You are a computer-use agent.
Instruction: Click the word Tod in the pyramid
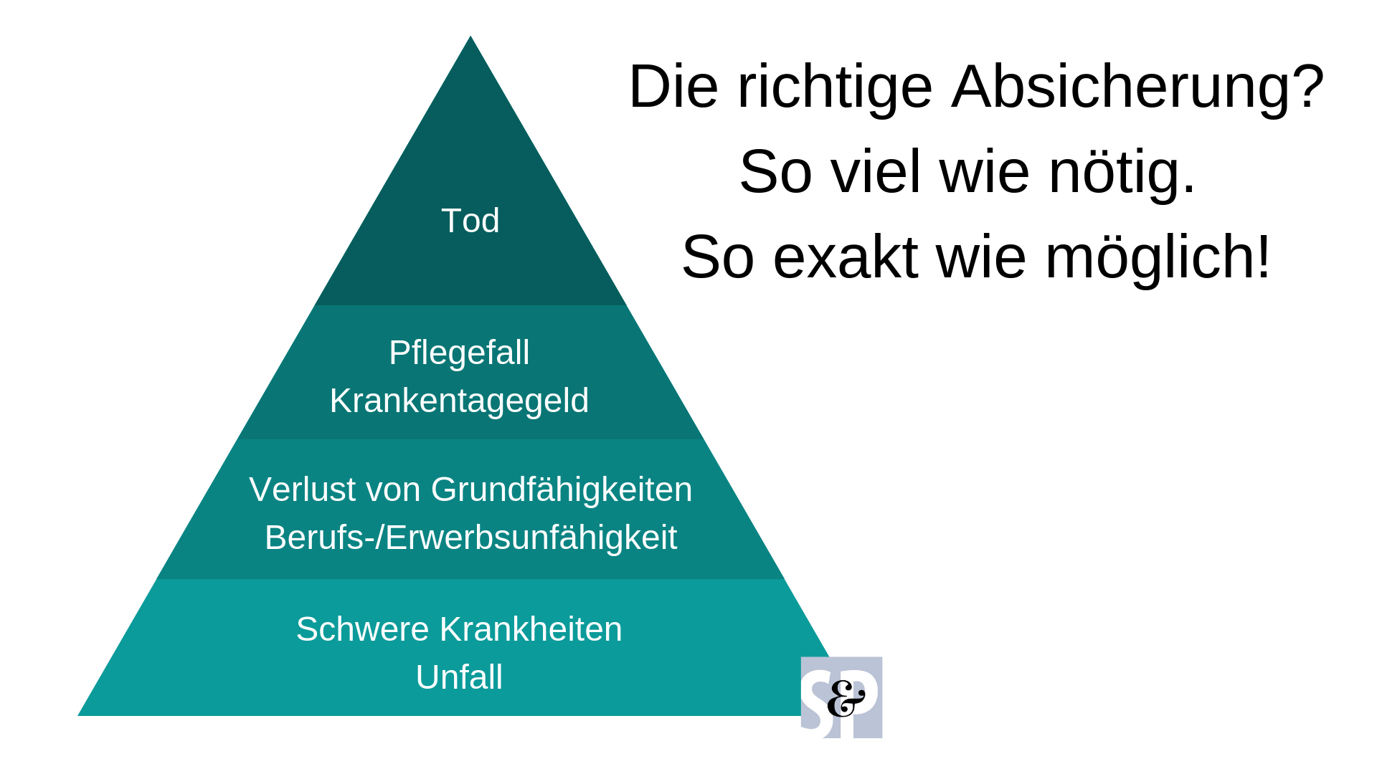(470, 221)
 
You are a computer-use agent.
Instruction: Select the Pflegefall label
(459, 353)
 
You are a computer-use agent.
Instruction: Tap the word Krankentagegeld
(459, 401)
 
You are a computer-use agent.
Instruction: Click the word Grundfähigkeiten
(562, 490)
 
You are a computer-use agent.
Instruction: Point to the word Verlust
(300, 490)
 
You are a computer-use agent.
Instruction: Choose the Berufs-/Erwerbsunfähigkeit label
(470, 537)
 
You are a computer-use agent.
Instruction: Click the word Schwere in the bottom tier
(363, 629)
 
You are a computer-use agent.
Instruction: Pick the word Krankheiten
(531, 629)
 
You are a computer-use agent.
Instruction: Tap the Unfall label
(459, 677)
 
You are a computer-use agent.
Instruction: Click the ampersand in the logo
(846, 698)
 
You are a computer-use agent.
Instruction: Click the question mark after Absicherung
(1308, 86)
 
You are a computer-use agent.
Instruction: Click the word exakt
(846, 257)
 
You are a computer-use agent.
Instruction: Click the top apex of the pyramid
(470, 36)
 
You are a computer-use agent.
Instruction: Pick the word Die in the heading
(673, 86)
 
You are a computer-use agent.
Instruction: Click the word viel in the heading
(876, 171)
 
